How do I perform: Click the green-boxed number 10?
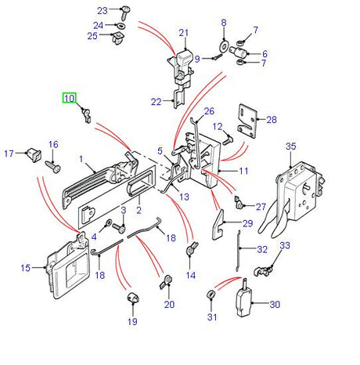(x=70, y=98)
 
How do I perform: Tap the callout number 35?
(x=291, y=146)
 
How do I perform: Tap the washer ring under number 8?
(x=224, y=47)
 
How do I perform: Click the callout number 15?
(x=24, y=268)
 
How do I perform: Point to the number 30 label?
(x=275, y=305)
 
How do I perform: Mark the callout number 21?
(x=184, y=33)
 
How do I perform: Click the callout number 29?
(x=248, y=224)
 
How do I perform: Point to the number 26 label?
(x=208, y=111)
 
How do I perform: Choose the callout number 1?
(x=81, y=160)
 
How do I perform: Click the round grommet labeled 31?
(x=212, y=295)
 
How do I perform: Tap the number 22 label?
(x=156, y=101)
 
